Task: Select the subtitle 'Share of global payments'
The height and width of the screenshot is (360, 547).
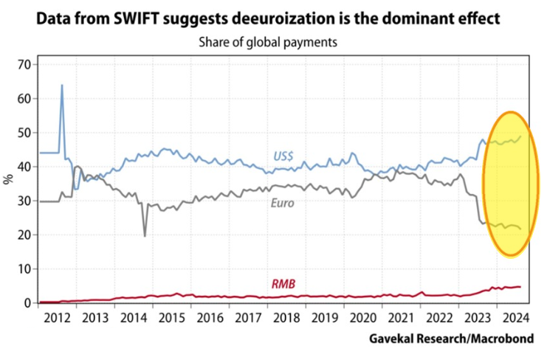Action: [x=267, y=42]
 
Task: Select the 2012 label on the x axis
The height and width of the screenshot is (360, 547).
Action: [x=57, y=319]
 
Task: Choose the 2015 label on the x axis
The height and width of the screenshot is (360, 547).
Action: [x=172, y=319]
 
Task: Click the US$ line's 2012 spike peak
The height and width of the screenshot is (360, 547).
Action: [x=61, y=85]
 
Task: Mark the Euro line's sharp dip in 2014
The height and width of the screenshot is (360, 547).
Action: [x=145, y=235]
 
